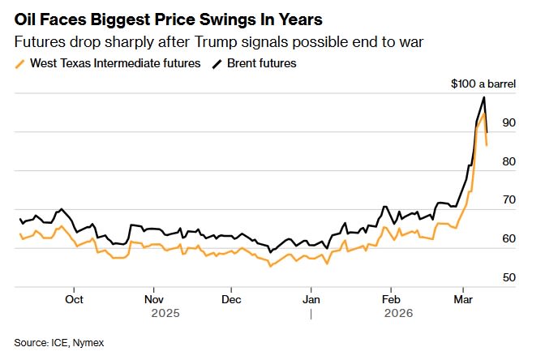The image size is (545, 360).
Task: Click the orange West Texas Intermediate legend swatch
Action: tap(21, 63)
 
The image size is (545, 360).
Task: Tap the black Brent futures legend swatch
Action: tap(217, 63)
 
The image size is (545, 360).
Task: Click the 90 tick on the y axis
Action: tap(509, 123)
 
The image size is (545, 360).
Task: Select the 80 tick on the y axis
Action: tap(509, 162)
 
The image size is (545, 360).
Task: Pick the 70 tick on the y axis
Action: tap(509, 200)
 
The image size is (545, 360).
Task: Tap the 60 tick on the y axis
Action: tap(509, 239)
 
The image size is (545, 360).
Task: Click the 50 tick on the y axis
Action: tap(509, 278)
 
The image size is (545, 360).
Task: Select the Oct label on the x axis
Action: tap(74, 298)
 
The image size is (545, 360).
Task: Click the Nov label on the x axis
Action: tap(153, 298)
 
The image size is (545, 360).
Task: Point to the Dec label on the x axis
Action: tap(231, 298)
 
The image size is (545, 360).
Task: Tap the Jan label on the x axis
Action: tap(311, 298)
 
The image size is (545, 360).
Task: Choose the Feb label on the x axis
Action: tap(390, 298)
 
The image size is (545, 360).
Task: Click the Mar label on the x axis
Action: tap(461, 298)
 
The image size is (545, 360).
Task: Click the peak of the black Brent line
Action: tap(484, 97)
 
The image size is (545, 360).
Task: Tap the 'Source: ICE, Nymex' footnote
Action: tap(59, 343)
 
